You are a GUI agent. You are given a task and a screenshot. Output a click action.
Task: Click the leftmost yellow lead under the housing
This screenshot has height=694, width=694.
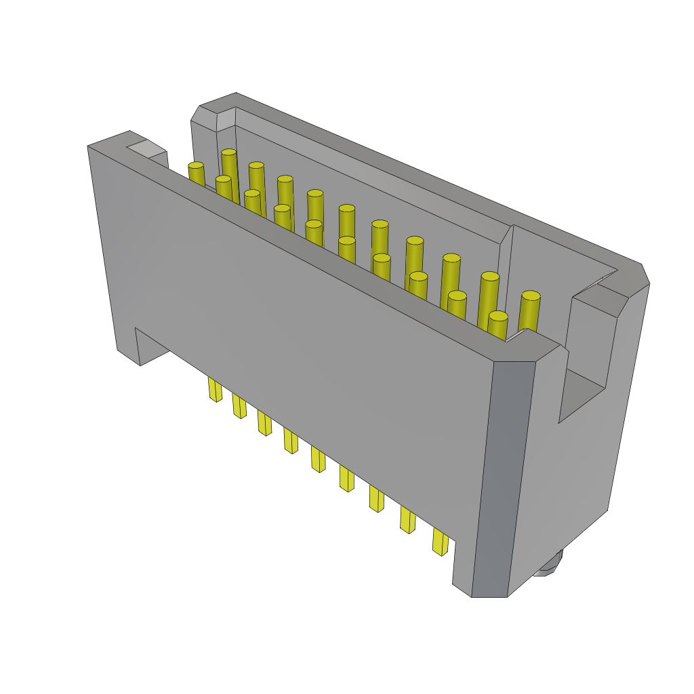point(215,390)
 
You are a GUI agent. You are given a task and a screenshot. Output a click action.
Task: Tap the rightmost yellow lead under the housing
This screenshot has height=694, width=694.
point(441,542)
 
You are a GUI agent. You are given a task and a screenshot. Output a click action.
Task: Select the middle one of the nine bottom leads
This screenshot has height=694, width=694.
point(318,459)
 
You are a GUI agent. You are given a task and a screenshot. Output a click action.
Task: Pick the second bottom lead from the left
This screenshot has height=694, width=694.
point(239,406)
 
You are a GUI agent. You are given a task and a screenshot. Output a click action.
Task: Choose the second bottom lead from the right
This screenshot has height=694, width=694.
point(407,520)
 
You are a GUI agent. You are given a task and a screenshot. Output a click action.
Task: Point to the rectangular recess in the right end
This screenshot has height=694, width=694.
point(581,396)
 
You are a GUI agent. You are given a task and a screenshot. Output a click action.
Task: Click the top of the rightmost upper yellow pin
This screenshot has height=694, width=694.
point(531,296)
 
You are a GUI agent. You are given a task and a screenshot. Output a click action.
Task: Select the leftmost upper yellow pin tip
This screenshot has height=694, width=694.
point(196,166)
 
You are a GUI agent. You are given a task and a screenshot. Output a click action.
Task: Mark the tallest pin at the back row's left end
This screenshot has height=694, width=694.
point(229,153)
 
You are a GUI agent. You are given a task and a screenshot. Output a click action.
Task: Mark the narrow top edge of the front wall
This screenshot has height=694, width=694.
point(305,251)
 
